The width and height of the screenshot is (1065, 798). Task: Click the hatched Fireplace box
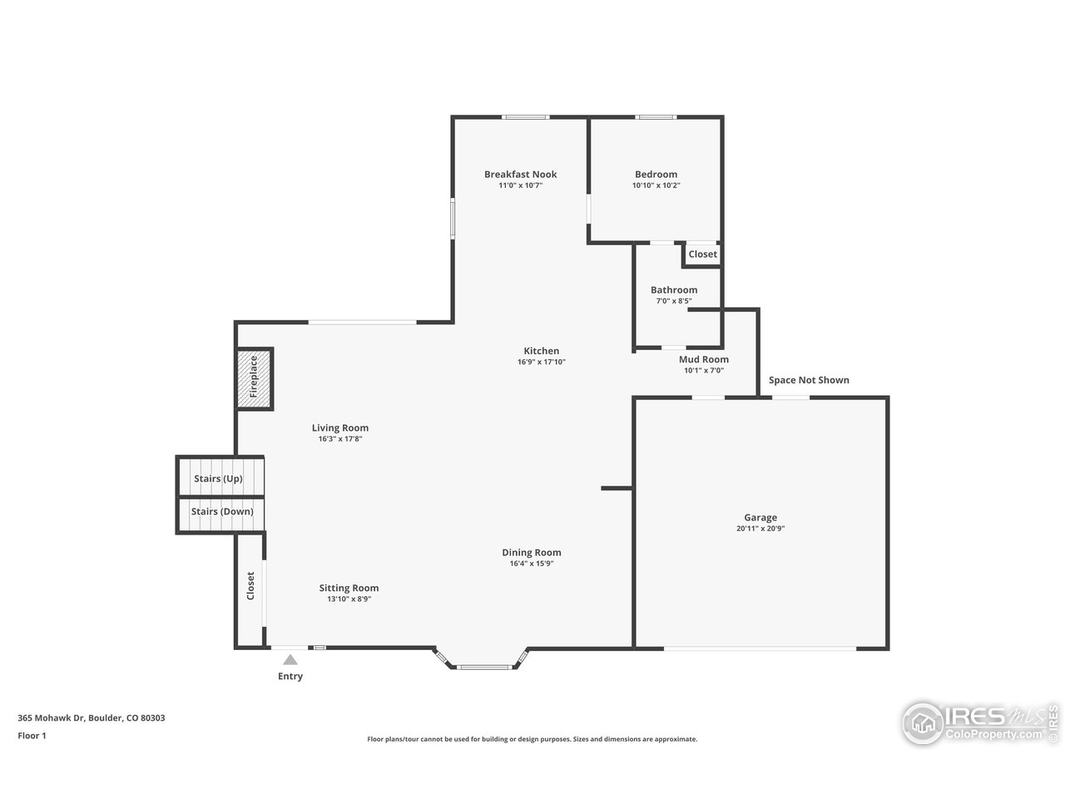point(255,379)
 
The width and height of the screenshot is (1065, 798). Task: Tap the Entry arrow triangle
point(290,660)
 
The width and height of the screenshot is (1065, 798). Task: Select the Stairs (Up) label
point(218,479)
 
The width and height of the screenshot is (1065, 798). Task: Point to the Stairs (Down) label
point(221,511)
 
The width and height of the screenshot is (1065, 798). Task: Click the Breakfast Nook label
point(520,175)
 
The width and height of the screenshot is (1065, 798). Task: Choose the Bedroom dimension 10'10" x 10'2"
point(656,185)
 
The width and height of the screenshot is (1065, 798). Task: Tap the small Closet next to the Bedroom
point(702,254)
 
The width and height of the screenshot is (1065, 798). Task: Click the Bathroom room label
point(674,290)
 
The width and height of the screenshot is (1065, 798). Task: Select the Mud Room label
point(703,360)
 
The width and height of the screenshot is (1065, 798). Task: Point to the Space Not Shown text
point(809,380)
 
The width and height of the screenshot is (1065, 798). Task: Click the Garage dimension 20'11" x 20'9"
point(760,529)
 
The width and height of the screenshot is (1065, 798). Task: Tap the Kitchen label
point(541,351)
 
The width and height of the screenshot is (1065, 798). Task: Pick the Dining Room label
point(531,553)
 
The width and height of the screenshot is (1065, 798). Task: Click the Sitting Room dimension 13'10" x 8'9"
point(349,598)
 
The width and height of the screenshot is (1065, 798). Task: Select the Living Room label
point(340,428)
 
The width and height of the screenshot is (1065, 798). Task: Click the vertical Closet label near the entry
point(250,585)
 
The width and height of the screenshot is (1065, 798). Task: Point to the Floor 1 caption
point(32,736)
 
